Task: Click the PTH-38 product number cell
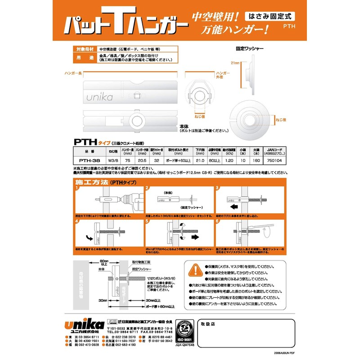[86, 159]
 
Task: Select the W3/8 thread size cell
[113, 159]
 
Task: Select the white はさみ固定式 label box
[269, 15]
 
